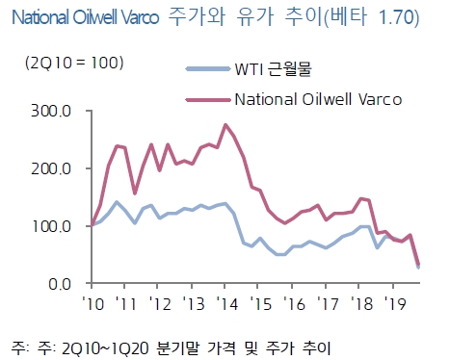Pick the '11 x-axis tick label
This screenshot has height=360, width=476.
(x=125, y=303)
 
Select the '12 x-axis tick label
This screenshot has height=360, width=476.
(x=159, y=303)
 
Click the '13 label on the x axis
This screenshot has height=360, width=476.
(x=194, y=303)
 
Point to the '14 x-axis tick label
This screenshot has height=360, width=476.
(x=227, y=303)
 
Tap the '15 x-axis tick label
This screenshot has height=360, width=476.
(x=262, y=303)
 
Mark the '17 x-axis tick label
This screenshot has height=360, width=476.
(x=330, y=303)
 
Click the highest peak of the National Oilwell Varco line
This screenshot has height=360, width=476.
(x=225, y=124)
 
